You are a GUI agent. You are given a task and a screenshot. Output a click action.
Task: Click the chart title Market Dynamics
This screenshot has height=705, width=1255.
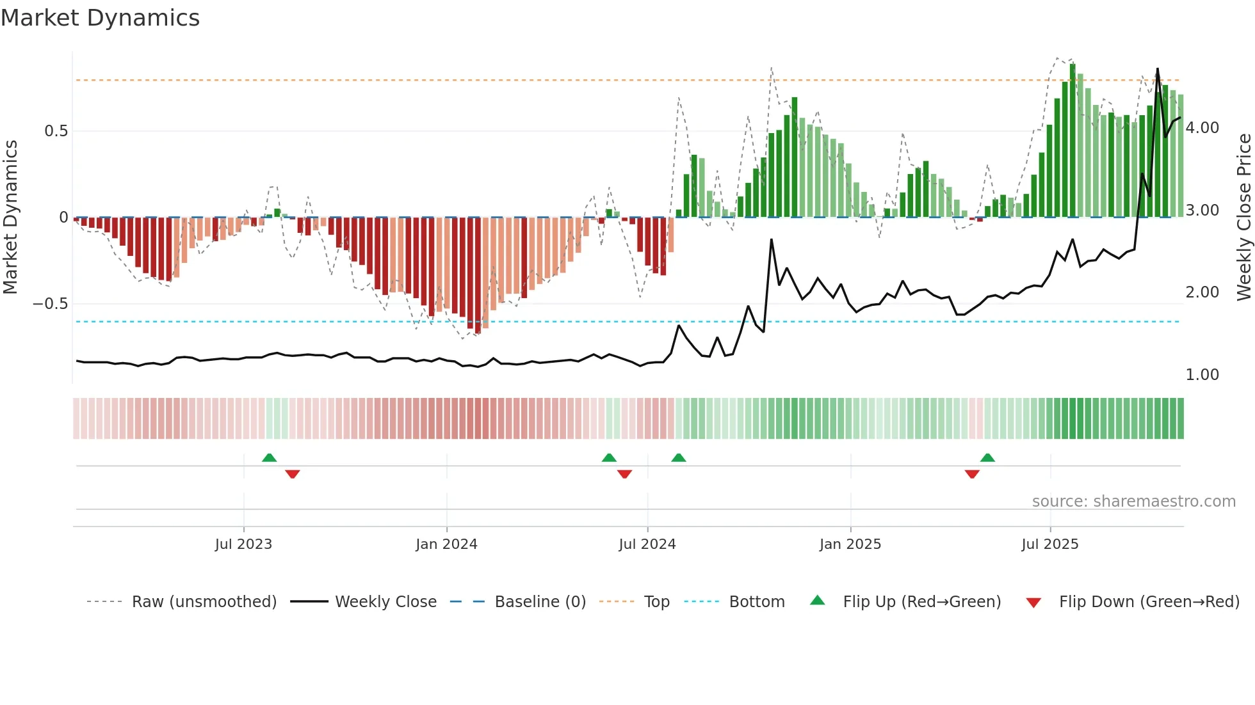tap(100, 18)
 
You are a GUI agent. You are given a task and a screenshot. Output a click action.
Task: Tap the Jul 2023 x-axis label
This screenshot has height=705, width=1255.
tap(243, 544)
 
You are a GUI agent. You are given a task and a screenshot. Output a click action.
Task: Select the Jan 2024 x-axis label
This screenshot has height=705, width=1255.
tap(446, 544)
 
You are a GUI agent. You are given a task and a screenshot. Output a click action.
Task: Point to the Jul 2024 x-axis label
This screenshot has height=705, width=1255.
tap(647, 544)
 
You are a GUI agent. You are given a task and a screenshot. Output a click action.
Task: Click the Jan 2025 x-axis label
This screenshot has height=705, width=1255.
tap(850, 544)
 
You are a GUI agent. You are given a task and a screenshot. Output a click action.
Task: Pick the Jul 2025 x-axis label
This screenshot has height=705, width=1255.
tap(1050, 544)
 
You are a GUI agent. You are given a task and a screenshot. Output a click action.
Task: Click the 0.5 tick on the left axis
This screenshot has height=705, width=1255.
tap(56, 131)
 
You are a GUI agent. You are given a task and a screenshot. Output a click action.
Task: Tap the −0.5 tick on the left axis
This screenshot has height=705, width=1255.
tap(51, 304)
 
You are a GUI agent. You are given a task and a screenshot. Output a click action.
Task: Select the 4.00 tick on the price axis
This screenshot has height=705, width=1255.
tap(1202, 128)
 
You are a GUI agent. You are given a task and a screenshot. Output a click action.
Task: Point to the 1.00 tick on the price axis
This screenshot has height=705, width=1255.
tap(1202, 375)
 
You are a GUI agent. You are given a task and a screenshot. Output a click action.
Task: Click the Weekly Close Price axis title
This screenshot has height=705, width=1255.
tap(1243, 218)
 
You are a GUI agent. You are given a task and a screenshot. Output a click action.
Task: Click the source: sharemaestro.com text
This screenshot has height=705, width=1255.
tap(1133, 502)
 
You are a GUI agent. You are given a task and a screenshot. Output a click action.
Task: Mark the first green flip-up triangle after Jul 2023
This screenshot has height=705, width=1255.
tap(270, 458)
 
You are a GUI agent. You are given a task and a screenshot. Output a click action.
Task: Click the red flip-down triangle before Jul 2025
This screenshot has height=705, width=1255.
tap(972, 474)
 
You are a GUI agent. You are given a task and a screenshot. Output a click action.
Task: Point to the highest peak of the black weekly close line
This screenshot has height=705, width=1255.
tap(1158, 68)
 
